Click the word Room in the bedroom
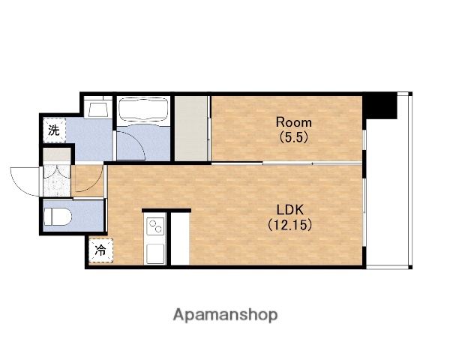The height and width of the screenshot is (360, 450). click(293, 122)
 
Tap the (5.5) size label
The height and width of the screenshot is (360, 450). click(293, 137)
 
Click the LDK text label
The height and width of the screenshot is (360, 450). click(289, 210)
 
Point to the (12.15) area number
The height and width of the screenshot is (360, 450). click(289, 224)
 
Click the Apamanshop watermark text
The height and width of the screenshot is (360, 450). click(225, 315)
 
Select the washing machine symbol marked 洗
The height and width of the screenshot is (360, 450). click(55, 130)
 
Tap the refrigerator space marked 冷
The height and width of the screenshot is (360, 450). click(100, 250)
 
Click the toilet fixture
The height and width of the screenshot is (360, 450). click(58, 217)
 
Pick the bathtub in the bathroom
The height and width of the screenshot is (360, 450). click(143, 110)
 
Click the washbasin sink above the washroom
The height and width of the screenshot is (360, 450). click(97, 108)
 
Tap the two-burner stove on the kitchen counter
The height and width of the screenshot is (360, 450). click(155, 226)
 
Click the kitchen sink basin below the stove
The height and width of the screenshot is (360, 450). click(155, 253)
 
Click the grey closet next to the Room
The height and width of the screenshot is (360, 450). click(191, 128)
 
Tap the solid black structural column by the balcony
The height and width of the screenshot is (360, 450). click(380, 105)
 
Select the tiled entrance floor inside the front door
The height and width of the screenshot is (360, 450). click(57, 180)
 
